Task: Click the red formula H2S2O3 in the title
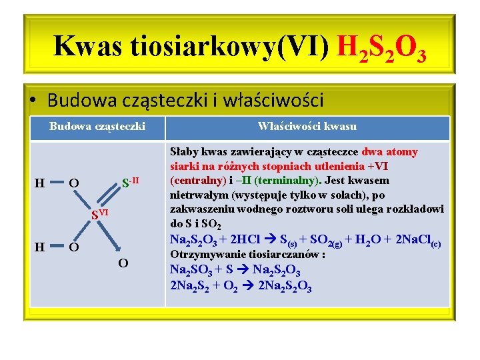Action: point(382,47)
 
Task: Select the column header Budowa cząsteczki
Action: point(97,126)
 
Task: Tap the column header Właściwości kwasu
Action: point(307,126)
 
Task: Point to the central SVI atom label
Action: point(99,214)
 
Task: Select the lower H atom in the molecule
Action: point(40,247)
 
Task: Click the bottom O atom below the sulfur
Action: point(123,263)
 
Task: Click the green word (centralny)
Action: point(198,181)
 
